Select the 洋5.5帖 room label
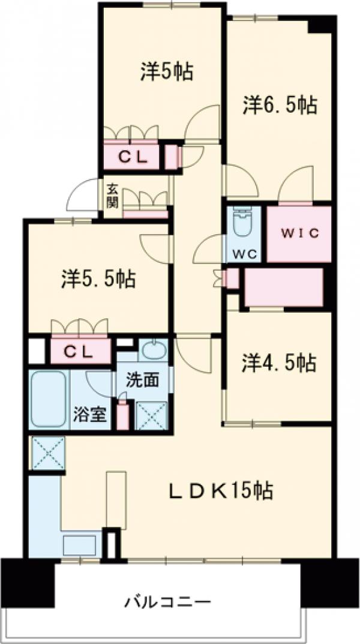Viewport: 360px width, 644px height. click(98, 278)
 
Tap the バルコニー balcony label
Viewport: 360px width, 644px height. click(168, 601)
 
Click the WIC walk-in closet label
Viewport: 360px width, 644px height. click(299, 233)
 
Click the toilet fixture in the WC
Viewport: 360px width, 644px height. click(243, 223)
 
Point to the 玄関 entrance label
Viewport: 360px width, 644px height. click(112, 195)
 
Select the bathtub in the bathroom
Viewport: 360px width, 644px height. click(49, 399)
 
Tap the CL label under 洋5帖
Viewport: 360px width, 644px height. click(131, 158)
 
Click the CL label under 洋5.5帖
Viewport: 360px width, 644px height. click(80, 352)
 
